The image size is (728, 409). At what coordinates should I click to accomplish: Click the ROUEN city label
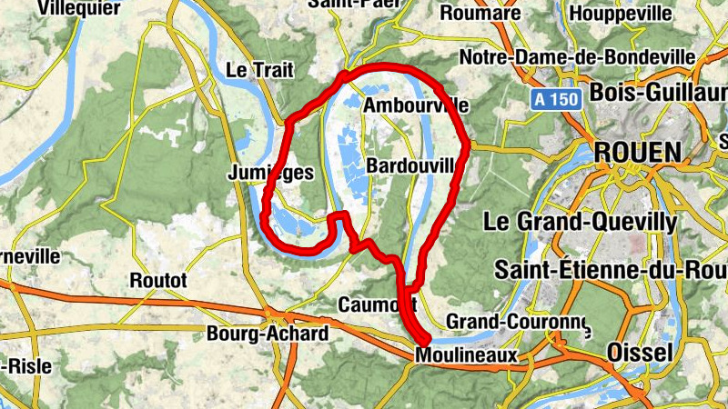(x=638, y=151)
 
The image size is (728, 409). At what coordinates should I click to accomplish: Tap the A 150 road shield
(x=555, y=99)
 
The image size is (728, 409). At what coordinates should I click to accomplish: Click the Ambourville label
(x=415, y=106)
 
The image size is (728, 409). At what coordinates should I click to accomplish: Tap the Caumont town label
(x=378, y=303)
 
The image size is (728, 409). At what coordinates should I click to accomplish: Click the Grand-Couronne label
(x=516, y=323)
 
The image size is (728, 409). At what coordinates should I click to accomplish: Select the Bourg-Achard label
(x=268, y=334)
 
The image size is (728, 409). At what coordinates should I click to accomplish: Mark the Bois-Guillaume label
(x=657, y=93)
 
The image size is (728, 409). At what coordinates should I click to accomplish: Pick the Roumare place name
(x=480, y=14)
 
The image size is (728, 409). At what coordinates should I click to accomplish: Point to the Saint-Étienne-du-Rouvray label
(x=610, y=271)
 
